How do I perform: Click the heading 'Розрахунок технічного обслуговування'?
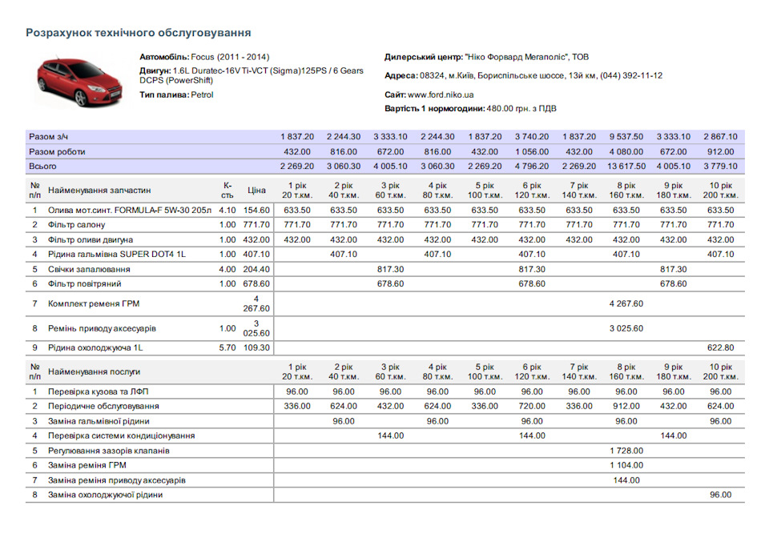[x=139, y=33]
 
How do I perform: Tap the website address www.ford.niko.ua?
[x=441, y=94]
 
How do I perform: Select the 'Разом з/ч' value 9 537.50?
[x=626, y=137]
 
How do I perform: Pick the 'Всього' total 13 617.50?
[x=626, y=167]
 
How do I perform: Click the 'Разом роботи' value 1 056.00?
[x=532, y=152]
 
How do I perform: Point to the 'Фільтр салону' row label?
[x=77, y=225]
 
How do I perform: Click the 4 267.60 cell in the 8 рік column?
[x=626, y=304]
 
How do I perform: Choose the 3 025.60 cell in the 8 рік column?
[x=626, y=328]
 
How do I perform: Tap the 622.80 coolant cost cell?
[x=720, y=348]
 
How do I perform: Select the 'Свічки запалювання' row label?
[x=89, y=269]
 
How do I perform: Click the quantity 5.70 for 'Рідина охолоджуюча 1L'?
[x=227, y=348]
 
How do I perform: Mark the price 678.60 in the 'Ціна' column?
[x=256, y=284]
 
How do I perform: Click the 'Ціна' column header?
[x=256, y=191]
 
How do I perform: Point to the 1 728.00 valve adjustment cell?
[x=626, y=451]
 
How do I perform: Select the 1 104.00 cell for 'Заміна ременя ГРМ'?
[x=626, y=465]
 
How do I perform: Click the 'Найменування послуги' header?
[x=94, y=372]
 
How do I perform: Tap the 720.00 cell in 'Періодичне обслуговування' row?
[x=532, y=407]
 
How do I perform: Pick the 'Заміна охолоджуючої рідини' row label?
[x=106, y=496]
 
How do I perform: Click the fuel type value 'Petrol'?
[x=202, y=94]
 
